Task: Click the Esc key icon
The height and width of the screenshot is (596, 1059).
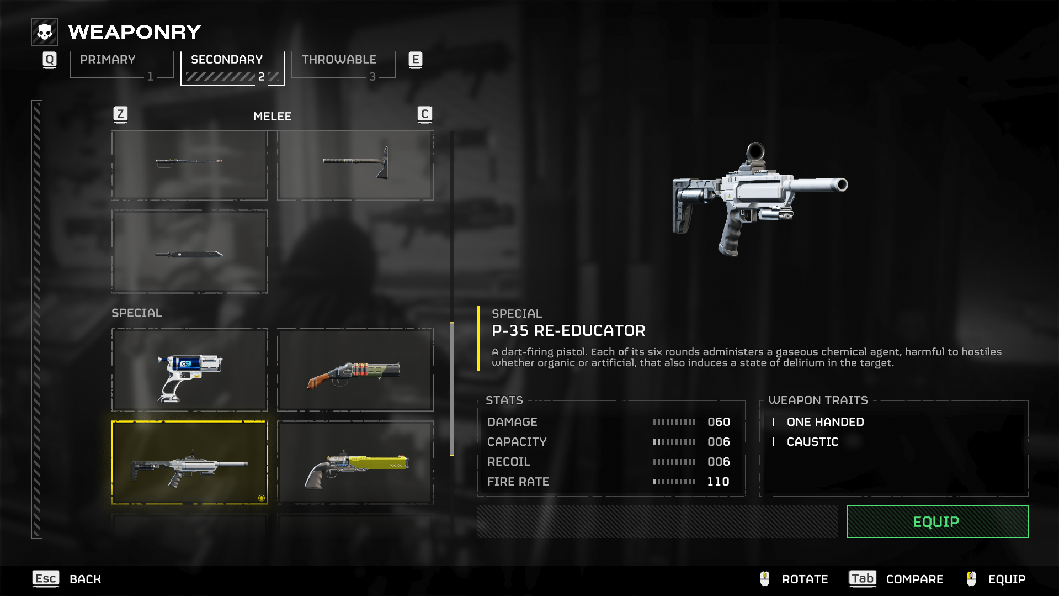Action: [x=46, y=578]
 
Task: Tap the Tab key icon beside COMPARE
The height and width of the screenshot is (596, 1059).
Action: [x=862, y=578]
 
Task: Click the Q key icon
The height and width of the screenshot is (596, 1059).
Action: [x=50, y=60]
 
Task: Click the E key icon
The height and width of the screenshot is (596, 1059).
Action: [x=415, y=60]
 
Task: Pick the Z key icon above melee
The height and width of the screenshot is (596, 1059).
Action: [x=120, y=114]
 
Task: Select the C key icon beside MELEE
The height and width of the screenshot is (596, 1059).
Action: [x=424, y=114]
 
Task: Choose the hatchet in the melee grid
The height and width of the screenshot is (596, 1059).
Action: [x=355, y=165]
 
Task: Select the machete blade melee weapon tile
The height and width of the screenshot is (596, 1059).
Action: [x=189, y=252]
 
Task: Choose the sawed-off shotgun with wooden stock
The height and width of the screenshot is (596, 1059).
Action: [x=355, y=370]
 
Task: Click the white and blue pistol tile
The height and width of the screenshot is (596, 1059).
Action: [x=189, y=370]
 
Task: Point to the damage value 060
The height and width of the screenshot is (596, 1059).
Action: [x=719, y=422]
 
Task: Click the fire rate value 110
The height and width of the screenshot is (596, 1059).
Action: [x=718, y=482]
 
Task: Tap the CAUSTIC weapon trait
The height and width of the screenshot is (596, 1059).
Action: [x=812, y=442]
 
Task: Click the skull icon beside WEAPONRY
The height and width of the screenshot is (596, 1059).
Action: [x=45, y=32]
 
